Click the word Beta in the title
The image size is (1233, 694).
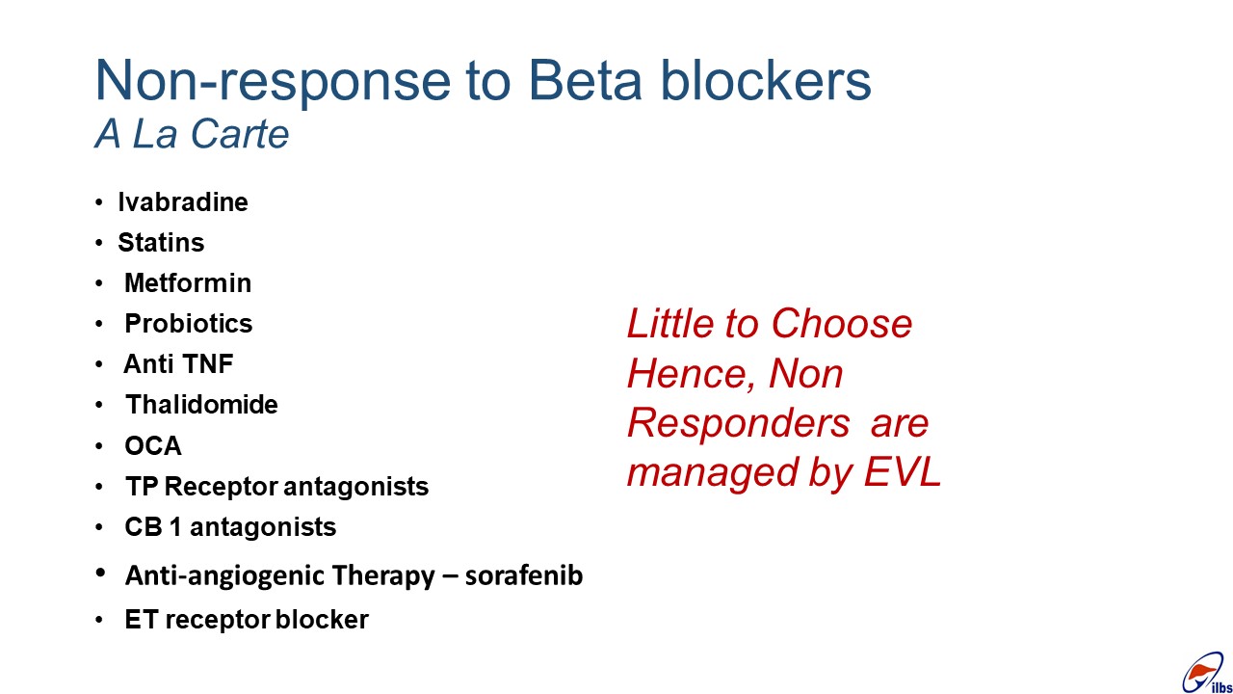tap(585, 80)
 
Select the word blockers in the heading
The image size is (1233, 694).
tap(766, 80)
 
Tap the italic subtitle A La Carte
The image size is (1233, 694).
tap(192, 134)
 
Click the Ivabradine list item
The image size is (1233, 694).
tap(183, 202)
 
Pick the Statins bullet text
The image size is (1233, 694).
tap(161, 242)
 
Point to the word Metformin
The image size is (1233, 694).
tap(188, 283)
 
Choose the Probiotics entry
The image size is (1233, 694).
tap(189, 324)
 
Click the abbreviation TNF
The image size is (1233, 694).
tap(207, 364)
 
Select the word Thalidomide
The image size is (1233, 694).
tap(202, 405)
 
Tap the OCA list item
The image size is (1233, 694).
tap(153, 445)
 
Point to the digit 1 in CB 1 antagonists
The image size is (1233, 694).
tap(175, 527)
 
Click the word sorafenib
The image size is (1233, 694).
tap(524, 575)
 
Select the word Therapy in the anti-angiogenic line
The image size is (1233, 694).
tap(382, 576)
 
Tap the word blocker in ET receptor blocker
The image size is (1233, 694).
tap(322, 619)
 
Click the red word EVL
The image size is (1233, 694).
tap(903, 472)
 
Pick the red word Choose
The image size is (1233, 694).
tap(842, 323)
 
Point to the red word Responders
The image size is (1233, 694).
tap(739, 423)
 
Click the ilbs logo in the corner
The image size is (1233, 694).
tap(1207, 674)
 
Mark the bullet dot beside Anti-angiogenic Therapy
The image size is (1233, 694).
tap(100, 573)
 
